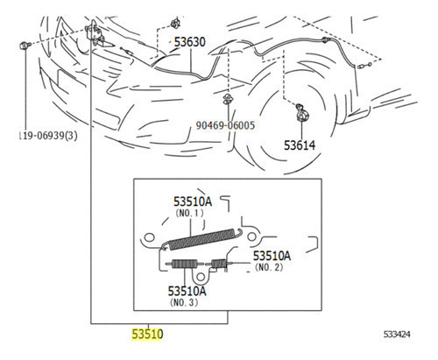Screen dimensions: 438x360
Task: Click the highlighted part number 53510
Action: point(147,334)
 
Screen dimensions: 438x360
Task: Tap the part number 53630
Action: point(190,42)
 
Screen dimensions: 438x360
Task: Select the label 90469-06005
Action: point(225,125)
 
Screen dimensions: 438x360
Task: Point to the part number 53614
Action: point(300,145)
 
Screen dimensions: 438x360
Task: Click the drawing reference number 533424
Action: point(397,334)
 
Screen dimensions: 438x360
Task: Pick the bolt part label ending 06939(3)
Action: point(48,136)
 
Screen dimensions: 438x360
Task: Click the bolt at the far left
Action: point(25,46)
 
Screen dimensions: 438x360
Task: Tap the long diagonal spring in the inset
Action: point(201,239)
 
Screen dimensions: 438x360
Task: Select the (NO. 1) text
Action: point(189,213)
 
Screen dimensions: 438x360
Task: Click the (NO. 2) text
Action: point(269,267)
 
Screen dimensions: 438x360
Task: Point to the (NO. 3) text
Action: point(184,302)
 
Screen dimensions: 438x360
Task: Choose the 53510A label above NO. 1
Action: point(193,201)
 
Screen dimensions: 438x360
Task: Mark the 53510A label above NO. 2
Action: point(272,256)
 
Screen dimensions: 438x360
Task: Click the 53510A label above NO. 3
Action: point(187,291)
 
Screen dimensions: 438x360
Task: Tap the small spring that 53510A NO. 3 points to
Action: point(184,264)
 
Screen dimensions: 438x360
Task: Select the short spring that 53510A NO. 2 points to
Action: point(218,264)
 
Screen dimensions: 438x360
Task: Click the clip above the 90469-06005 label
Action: point(228,99)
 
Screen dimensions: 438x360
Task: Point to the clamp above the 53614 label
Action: point(301,112)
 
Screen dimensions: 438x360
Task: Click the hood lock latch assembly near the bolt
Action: point(95,35)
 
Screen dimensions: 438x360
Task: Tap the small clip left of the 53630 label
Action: point(175,23)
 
